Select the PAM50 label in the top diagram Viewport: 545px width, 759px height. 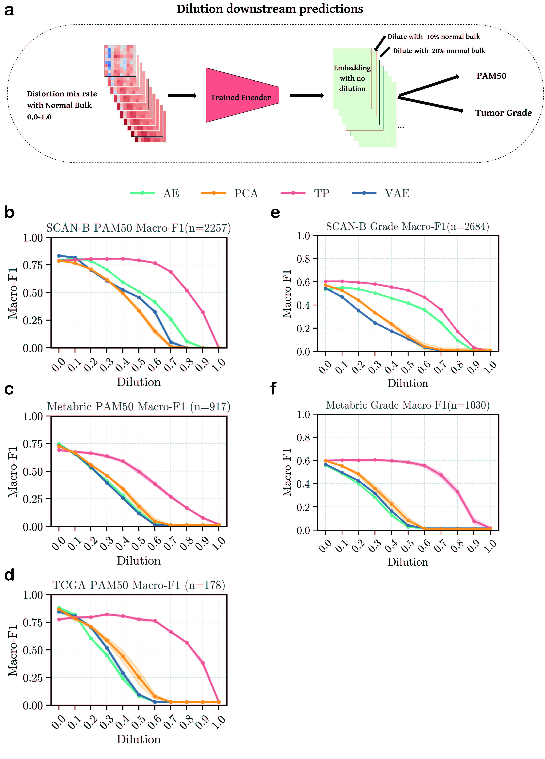click(x=491, y=76)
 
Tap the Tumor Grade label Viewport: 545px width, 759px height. click(x=503, y=113)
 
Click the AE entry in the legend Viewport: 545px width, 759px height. click(x=154, y=193)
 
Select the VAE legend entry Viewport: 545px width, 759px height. click(x=380, y=193)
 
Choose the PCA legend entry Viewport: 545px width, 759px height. click(x=230, y=193)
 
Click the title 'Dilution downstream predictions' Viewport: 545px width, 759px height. click(x=270, y=9)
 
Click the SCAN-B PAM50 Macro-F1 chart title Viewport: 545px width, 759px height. click(x=138, y=228)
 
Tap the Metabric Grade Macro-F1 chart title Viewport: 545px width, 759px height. click(x=408, y=405)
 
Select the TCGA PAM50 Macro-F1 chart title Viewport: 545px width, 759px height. click(x=138, y=585)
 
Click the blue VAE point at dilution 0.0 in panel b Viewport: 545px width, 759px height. click(x=59, y=256)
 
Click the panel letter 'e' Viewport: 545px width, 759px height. click(x=275, y=213)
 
